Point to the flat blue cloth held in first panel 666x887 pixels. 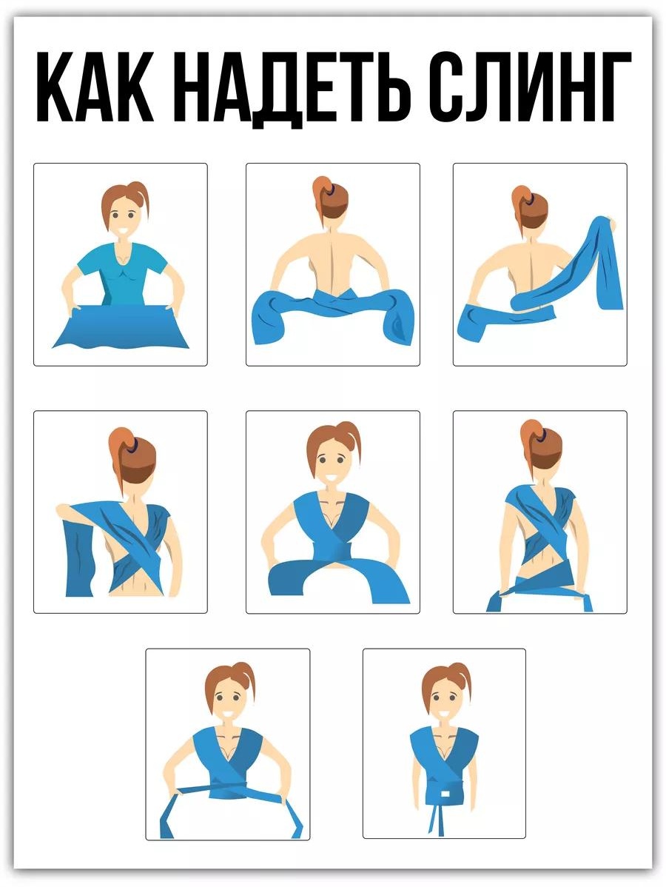pos(121,327)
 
